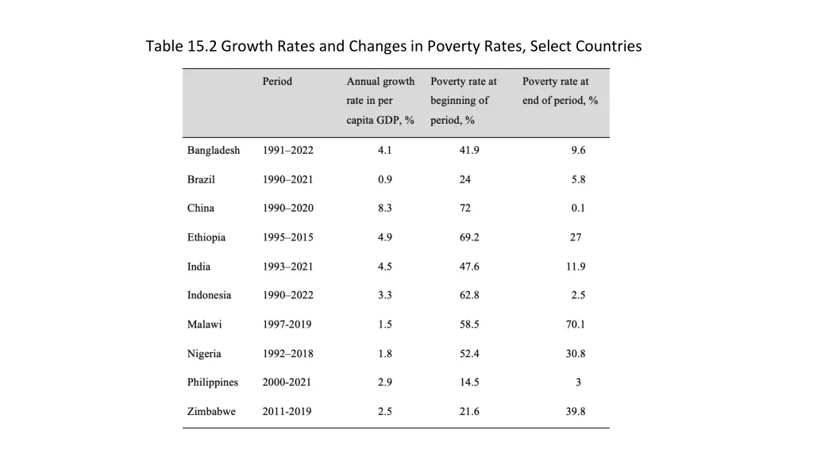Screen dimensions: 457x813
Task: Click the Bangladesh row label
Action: point(214,150)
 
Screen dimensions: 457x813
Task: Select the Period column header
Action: point(277,81)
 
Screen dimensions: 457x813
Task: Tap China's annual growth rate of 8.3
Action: point(385,208)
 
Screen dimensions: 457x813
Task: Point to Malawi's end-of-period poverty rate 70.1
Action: point(576,324)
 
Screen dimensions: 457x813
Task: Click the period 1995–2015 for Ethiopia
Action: point(287,237)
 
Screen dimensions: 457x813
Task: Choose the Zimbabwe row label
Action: point(211,411)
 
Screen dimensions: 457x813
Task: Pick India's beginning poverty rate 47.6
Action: point(469,266)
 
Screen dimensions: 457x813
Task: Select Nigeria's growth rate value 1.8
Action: point(385,353)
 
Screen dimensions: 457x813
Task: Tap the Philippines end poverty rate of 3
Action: point(578,382)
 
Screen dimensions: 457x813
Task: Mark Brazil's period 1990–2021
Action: point(287,179)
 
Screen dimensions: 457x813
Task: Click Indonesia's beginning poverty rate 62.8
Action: point(469,295)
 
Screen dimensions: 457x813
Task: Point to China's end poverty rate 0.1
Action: point(578,208)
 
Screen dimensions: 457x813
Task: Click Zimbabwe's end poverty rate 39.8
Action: point(576,411)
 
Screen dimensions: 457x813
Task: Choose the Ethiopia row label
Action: point(206,237)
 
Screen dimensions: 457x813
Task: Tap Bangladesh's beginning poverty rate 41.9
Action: point(469,150)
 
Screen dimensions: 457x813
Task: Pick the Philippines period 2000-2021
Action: point(287,382)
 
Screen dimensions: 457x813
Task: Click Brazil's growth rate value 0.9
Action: point(385,179)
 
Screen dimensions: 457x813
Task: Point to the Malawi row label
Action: point(204,324)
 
